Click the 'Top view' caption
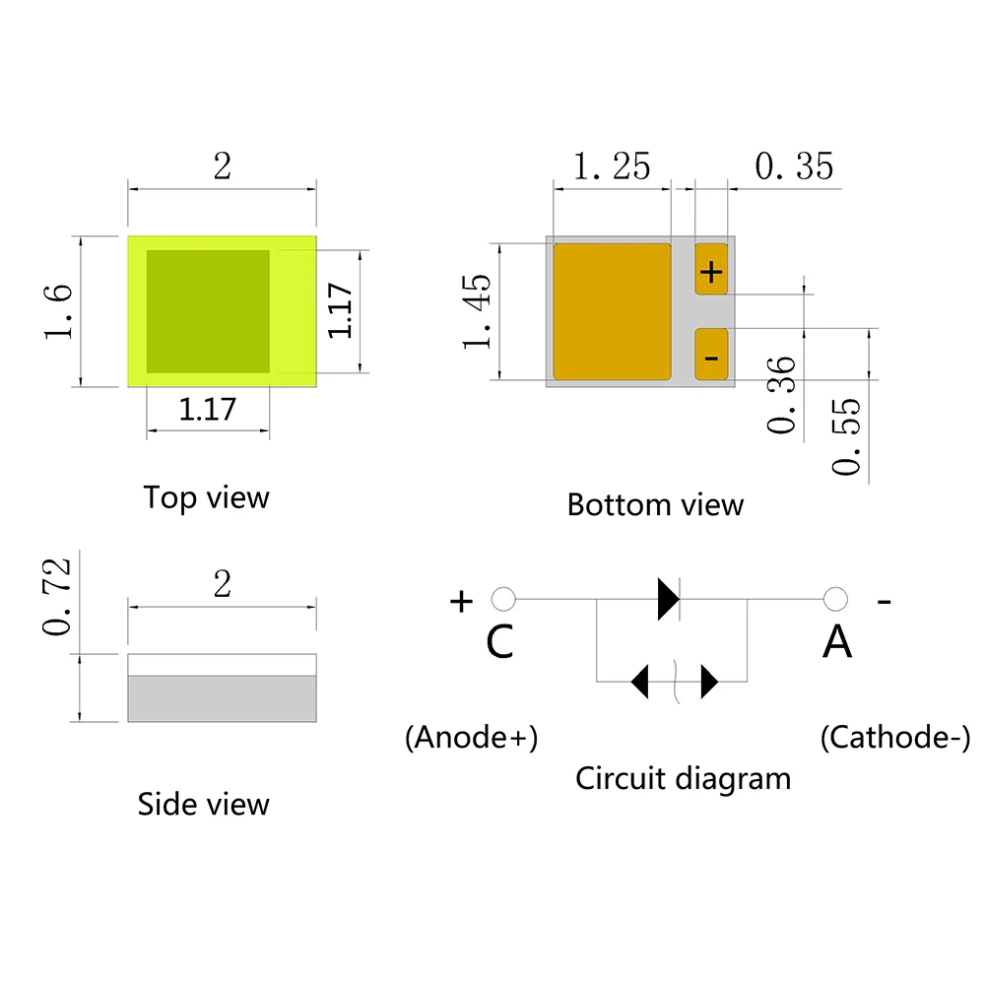(206, 497)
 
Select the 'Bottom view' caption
(655, 505)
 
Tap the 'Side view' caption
(203, 804)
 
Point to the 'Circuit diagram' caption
(683, 778)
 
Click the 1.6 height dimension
(57, 311)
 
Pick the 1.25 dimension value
(612, 166)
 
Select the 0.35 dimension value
(794, 166)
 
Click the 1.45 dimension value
(477, 311)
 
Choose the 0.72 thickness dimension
(57, 595)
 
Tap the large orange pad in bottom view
(612, 311)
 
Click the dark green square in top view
(208, 311)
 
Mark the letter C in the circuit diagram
(499, 643)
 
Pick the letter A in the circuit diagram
(837, 643)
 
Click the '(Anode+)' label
(472, 738)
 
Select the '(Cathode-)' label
(894, 738)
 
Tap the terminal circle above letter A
(835, 599)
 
